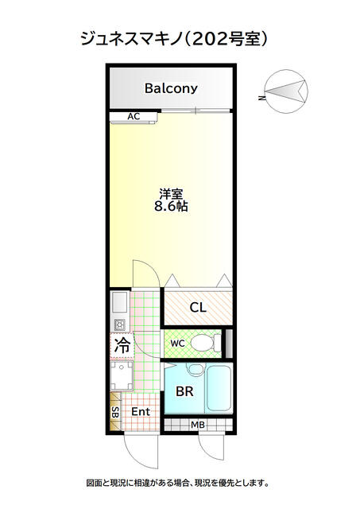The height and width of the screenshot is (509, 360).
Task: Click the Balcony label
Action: pyautogui.click(x=171, y=88)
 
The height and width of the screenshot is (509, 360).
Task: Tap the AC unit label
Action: pyautogui.click(x=134, y=117)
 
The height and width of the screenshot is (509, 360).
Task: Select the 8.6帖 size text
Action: pyautogui.click(x=171, y=207)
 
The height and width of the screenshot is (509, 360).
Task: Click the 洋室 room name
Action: pyautogui.click(x=171, y=194)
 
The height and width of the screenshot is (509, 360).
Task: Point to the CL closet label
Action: pyautogui.click(x=198, y=307)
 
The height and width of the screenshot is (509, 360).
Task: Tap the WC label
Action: pyautogui.click(x=178, y=343)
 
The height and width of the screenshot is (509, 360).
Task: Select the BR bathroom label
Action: pyautogui.click(x=184, y=391)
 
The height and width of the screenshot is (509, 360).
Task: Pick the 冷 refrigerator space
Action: pyautogui.click(x=122, y=345)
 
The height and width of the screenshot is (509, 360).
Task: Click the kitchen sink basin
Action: pyautogui.click(x=119, y=303)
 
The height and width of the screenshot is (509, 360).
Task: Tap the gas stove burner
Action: pyautogui.click(x=119, y=324)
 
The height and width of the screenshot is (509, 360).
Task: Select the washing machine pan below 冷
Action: pyautogui.click(x=122, y=375)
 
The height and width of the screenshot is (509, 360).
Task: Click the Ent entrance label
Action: pyautogui.click(x=141, y=412)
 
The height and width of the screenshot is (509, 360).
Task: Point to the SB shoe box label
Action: pyautogui.click(x=115, y=412)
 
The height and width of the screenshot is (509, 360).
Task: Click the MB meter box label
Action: pyautogui.click(x=198, y=424)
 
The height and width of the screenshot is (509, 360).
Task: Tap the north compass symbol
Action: pyautogui.click(x=285, y=91)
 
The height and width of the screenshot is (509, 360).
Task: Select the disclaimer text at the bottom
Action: pyautogui.click(x=178, y=483)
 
